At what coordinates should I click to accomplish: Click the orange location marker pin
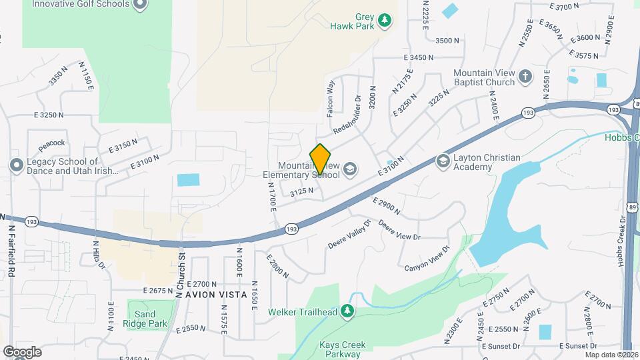coord(320,159)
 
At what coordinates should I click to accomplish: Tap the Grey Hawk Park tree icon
coord(384,21)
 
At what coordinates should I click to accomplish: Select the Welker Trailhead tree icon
coord(347,311)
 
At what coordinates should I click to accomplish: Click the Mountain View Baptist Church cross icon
coord(525,76)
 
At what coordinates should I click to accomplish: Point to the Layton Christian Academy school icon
coord(443,161)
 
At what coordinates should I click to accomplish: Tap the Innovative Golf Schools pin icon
coord(139,5)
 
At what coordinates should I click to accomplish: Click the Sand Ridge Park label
coord(141,319)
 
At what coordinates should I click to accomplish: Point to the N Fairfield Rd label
coord(12,250)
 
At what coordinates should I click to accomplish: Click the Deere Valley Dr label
coord(349,234)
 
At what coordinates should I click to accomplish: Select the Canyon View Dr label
coord(427,258)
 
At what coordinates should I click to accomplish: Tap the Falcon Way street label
coord(329,99)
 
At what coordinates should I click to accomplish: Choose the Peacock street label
coord(51,143)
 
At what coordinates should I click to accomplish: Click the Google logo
coord(22,352)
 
